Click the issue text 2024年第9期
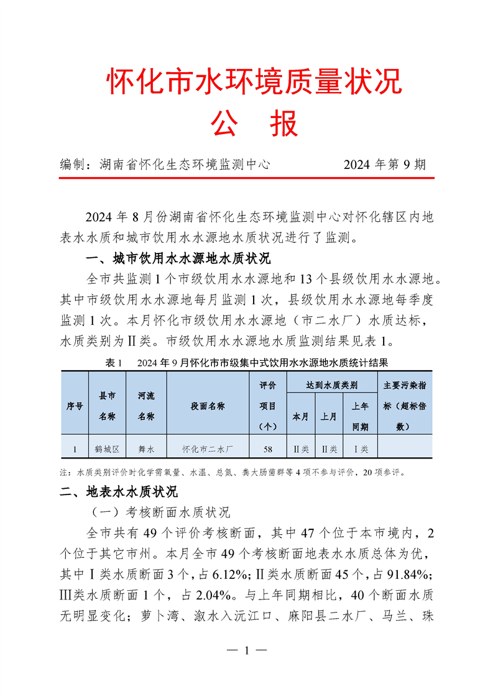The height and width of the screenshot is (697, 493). point(384,165)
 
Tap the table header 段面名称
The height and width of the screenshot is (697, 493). point(208,406)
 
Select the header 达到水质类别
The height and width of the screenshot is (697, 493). point(331,385)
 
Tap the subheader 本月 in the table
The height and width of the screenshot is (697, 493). point(300,416)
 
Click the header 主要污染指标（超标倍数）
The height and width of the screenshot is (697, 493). point(405,406)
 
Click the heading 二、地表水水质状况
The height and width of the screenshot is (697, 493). point(119,492)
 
